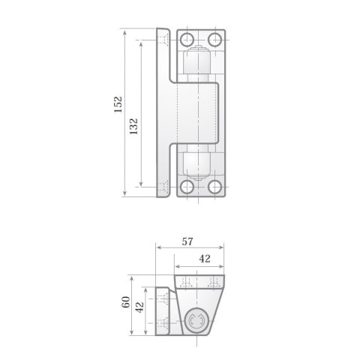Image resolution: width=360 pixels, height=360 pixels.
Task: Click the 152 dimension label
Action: [x=118, y=104]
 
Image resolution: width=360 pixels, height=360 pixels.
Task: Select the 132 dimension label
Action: [x=133, y=125]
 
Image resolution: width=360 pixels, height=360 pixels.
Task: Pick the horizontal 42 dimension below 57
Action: [x=205, y=259]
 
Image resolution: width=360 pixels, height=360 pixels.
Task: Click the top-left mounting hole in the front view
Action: [x=187, y=39]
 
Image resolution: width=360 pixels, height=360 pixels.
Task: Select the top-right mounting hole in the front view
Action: [x=214, y=39]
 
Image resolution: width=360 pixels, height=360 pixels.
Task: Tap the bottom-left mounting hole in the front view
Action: [x=187, y=187]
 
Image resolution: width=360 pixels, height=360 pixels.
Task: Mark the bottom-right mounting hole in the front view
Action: [x=214, y=187]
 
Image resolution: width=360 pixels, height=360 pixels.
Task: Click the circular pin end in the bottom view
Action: [x=198, y=322]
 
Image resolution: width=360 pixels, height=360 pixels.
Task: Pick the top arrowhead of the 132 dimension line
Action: [x=140, y=43]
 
